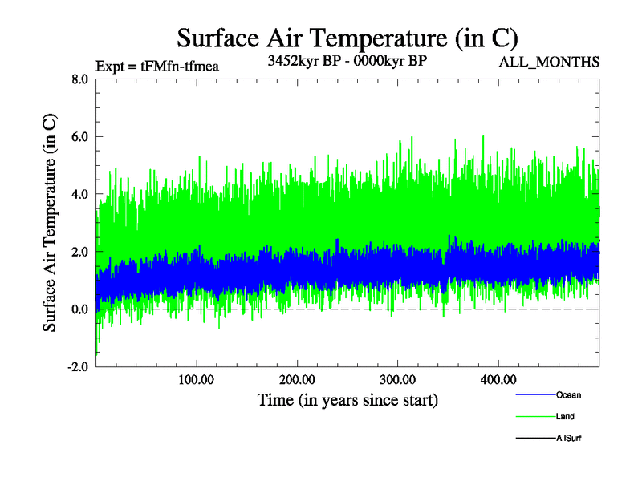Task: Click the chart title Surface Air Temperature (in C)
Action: click(x=347, y=37)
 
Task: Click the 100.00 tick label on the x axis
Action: click(x=196, y=379)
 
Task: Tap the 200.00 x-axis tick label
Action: click(x=296, y=379)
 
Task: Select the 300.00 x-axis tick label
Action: click(x=396, y=379)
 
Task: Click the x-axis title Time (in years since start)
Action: click(x=347, y=399)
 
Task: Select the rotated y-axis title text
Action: click(x=50, y=223)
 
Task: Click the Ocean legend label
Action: click(x=568, y=395)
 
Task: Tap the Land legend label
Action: click(x=565, y=417)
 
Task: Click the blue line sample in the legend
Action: click(x=535, y=395)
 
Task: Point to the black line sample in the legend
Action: click(x=535, y=439)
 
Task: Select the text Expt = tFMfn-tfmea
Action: click(x=156, y=66)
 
